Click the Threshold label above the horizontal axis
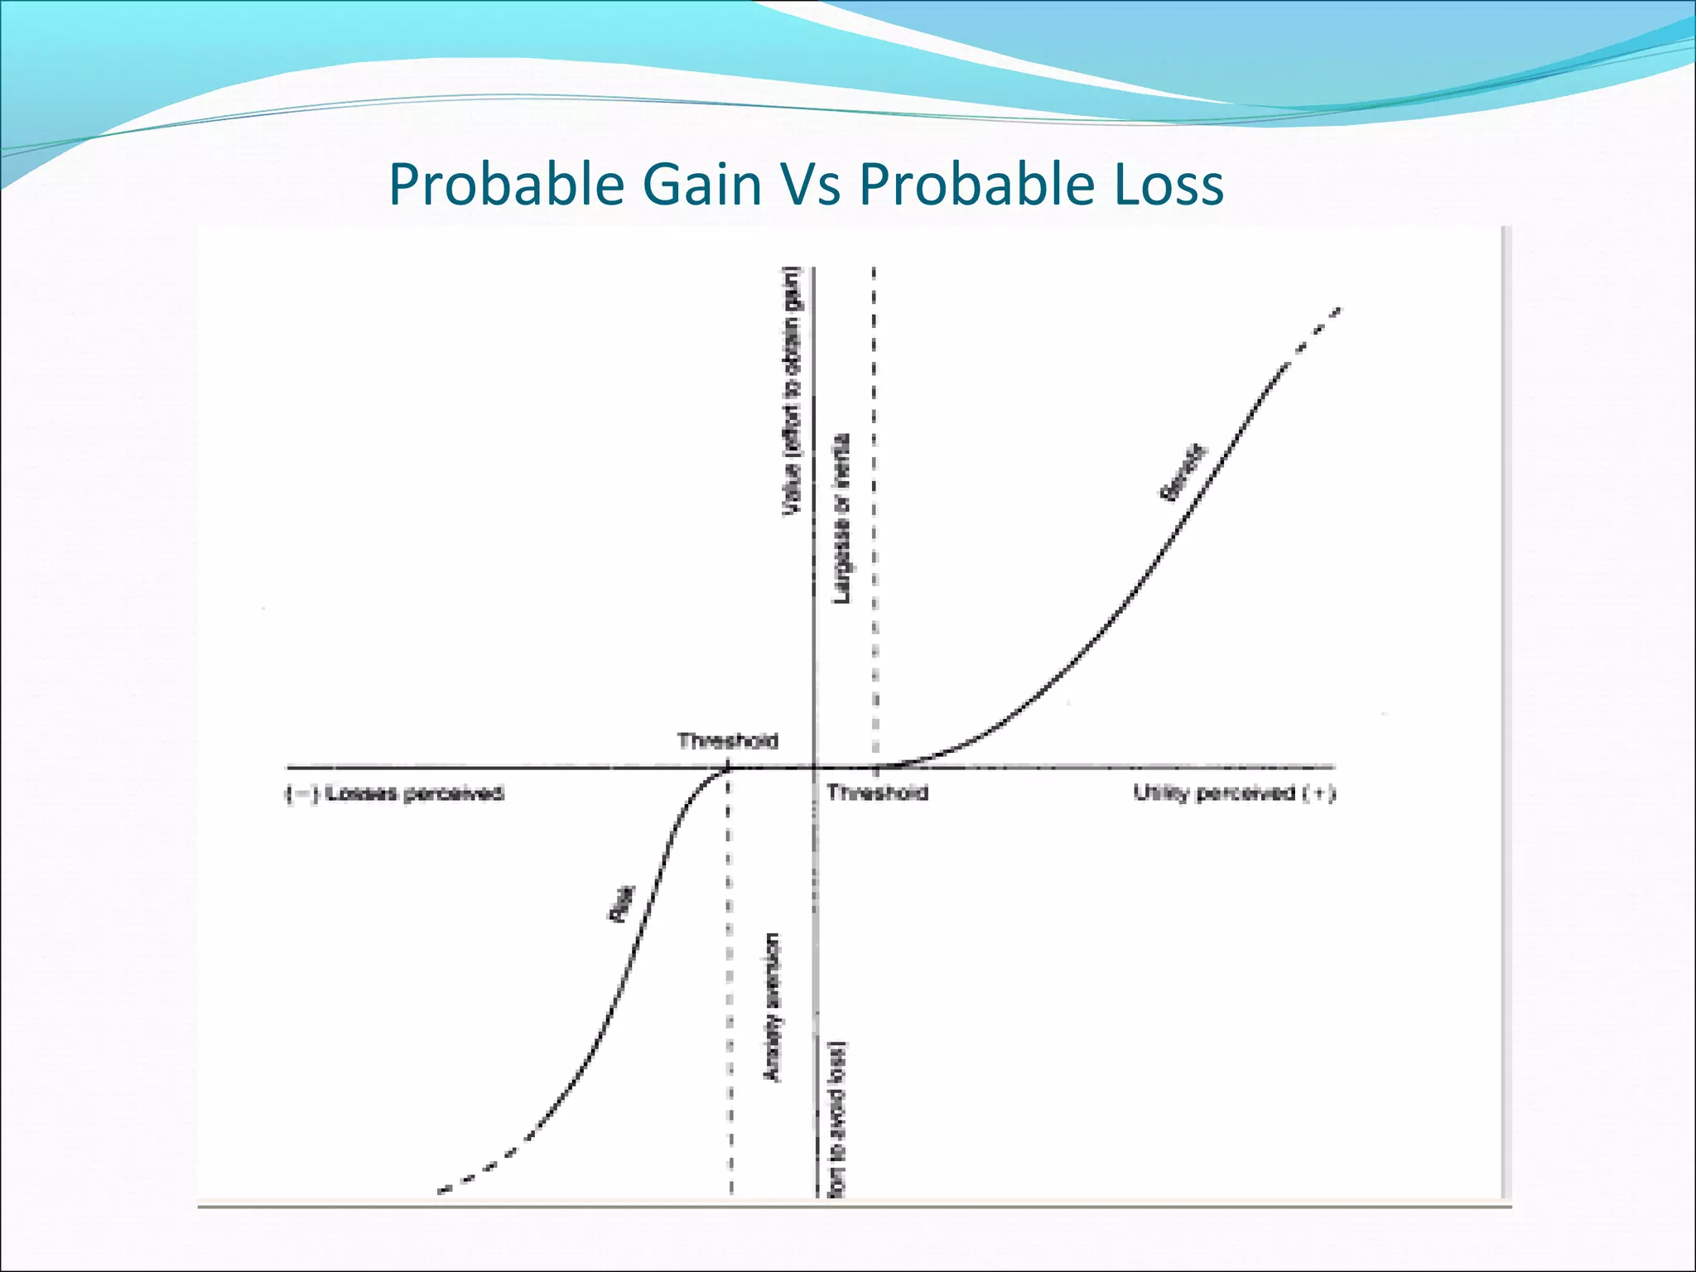pos(727,740)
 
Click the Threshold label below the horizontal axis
pos(877,793)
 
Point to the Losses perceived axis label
pos(395,793)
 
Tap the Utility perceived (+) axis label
pos(1233,793)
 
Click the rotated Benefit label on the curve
pos(1183,473)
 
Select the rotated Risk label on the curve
pos(622,903)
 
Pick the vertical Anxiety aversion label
pos(772,1006)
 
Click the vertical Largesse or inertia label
pos(841,518)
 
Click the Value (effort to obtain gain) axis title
pos(793,391)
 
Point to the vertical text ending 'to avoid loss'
pos(839,1118)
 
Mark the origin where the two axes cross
pos(815,767)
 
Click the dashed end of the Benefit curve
pos(1317,326)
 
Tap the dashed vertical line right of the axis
pos(874,497)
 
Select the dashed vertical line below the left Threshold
pos(729,994)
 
